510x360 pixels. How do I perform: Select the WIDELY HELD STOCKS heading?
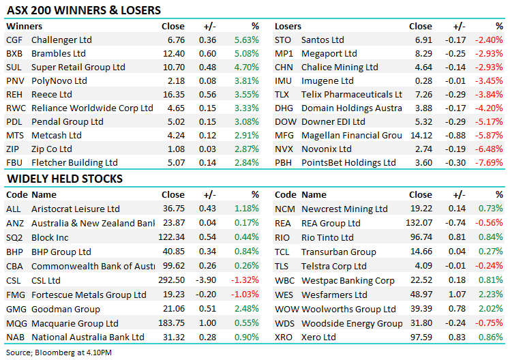click(65, 179)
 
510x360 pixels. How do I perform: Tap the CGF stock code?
click(14, 40)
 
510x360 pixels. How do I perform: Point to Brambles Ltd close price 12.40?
click(173, 53)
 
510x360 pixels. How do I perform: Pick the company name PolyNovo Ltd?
click(59, 80)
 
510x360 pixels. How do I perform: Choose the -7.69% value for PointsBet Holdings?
click(490, 162)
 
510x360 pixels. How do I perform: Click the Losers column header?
click(288, 26)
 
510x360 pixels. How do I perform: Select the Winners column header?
click(24, 26)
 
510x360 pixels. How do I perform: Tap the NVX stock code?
click(284, 149)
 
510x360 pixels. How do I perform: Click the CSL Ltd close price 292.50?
click(171, 280)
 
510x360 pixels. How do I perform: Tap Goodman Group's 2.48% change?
click(246, 308)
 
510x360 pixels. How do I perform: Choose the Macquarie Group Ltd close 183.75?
click(171, 322)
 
